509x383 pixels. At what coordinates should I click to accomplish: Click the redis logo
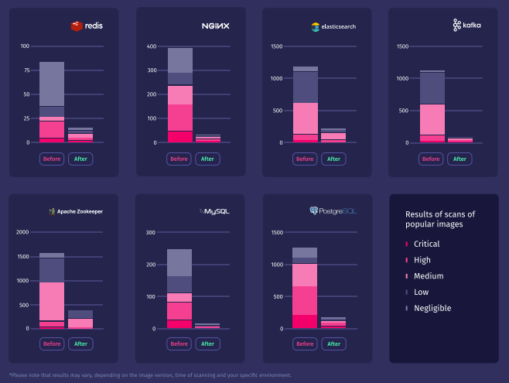[87, 26]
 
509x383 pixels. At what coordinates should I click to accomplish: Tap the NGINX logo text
[214, 26]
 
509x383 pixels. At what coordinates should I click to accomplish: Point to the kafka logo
[466, 26]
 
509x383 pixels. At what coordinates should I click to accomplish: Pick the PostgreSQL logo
[334, 211]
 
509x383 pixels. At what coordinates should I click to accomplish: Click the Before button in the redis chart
[52, 159]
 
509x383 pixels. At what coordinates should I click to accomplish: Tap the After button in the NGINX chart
[207, 159]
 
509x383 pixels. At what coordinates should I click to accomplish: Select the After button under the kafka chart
[460, 159]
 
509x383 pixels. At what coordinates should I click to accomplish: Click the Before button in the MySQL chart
[179, 344]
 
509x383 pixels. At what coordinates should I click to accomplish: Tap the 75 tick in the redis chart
[25, 70]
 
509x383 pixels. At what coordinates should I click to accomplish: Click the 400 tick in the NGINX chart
[152, 46]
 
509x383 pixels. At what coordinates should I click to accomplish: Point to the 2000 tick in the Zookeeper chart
[22, 232]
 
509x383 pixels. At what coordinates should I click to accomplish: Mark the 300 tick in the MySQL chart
[152, 232]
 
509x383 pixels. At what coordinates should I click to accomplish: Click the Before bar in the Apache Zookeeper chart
[52, 290]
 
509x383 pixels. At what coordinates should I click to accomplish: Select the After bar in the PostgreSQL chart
[333, 322]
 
